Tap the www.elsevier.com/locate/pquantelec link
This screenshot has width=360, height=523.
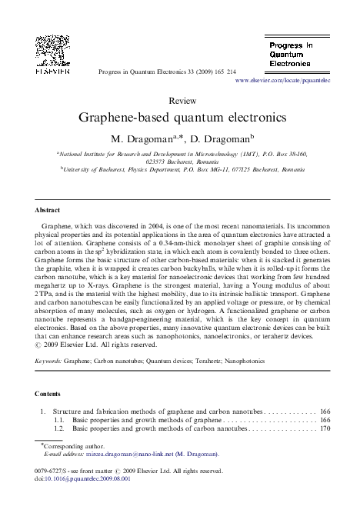282,80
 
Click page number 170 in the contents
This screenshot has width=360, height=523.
325,428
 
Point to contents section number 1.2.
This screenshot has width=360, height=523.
59,428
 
